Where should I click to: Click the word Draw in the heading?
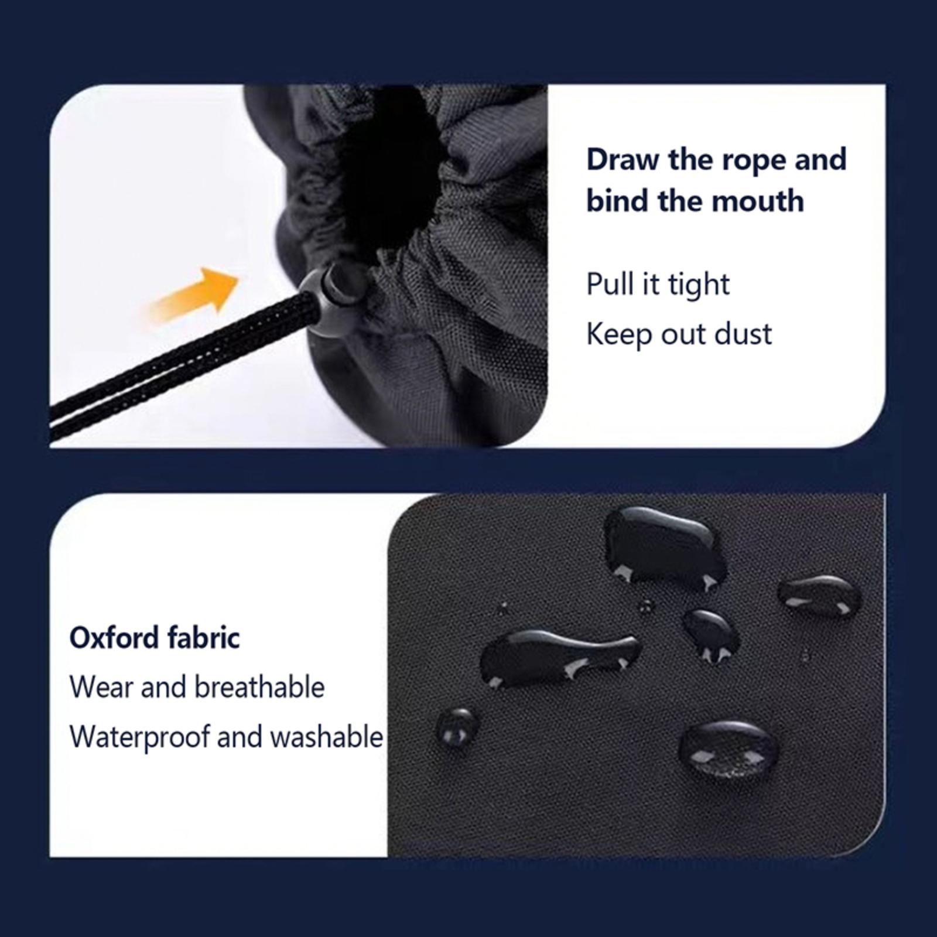pyautogui.click(x=622, y=159)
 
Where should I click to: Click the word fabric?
pyautogui.click(x=203, y=637)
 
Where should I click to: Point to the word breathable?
pyautogui.click(x=259, y=687)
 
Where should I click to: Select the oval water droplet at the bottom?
pyautogui.click(x=729, y=750)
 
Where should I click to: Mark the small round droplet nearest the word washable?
pyautogui.click(x=457, y=726)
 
